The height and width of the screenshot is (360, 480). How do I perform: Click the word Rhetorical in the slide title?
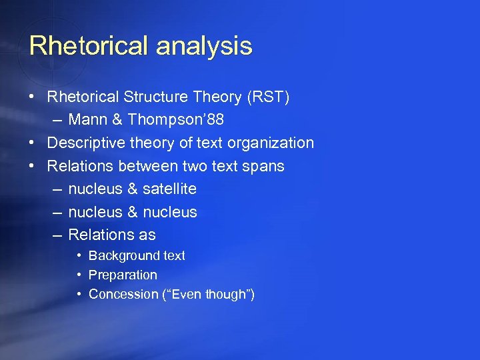tap(89, 46)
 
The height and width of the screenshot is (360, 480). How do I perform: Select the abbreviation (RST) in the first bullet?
tap(268, 97)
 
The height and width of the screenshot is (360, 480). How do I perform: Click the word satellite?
tap(169, 189)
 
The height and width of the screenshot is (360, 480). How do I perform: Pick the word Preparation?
tap(123, 275)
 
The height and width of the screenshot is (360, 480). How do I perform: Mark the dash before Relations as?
tap(57, 235)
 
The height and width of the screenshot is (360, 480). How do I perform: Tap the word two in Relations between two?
tap(185, 166)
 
